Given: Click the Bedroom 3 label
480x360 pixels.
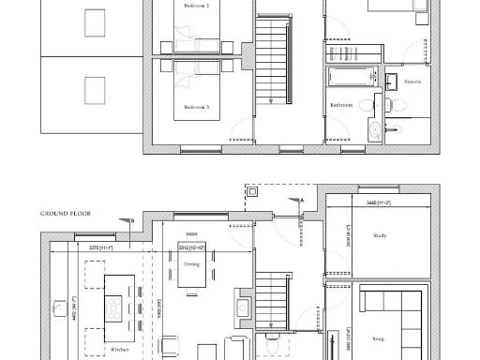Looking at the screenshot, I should [196, 107].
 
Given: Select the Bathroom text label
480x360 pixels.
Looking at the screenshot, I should [340, 105].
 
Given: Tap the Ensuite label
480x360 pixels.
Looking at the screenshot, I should [412, 82].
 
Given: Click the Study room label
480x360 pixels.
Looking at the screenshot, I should [380, 235].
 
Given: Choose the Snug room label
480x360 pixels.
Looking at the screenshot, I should [378, 338].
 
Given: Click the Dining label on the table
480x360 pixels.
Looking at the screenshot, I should [191, 265].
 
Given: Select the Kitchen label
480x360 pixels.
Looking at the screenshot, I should [120, 349].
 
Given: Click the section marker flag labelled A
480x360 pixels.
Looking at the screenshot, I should [302, 201].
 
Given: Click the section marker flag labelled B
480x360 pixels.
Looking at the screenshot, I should [130, 220].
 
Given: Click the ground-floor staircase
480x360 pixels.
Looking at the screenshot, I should [270, 295].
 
